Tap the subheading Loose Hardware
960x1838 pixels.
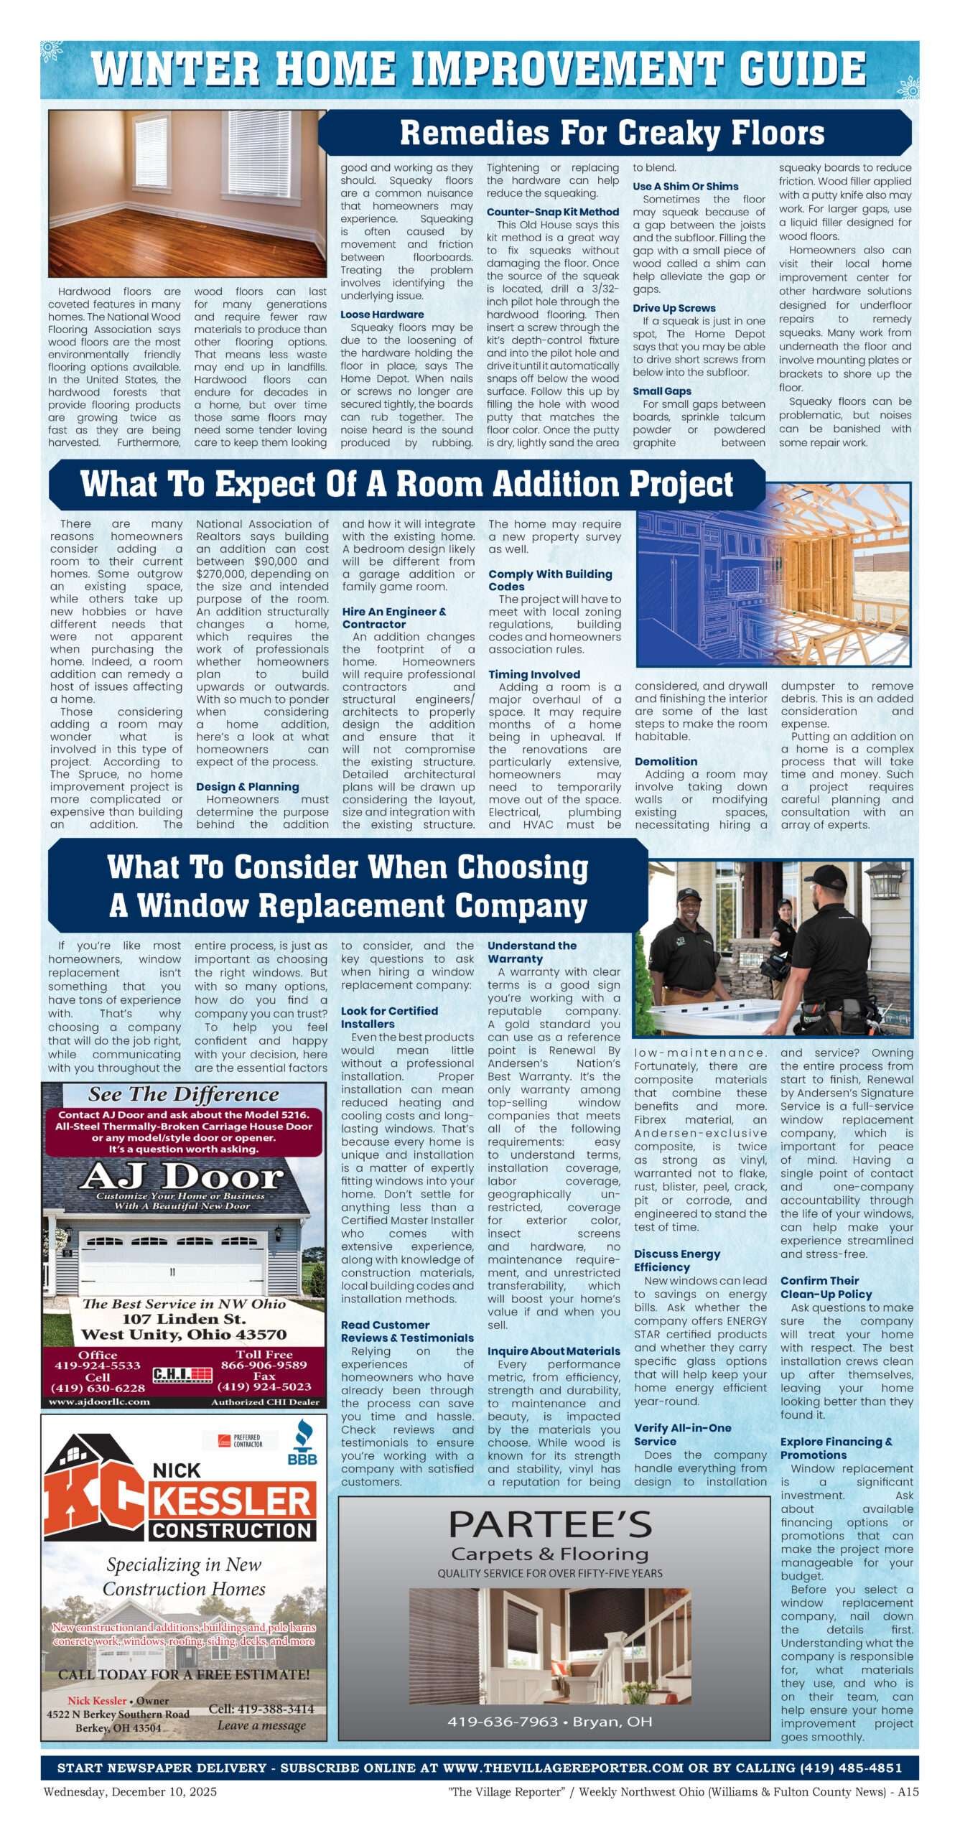tap(381, 314)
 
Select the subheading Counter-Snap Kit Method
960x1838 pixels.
tap(552, 212)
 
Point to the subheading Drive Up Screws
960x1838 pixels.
tap(674, 308)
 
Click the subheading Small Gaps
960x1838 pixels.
tap(661, 391)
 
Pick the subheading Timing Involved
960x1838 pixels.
tap(533, 674)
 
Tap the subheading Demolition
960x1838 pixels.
tap(665, 761)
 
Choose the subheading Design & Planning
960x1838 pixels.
tap(247, 787)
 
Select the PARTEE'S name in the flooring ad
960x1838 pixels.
tap(550, 1524)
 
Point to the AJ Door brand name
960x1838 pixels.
tap(182, 1177)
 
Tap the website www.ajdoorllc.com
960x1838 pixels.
tap(99, 1401)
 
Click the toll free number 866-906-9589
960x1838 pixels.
tap(264, 1365)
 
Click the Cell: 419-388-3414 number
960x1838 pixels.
tap(261, 1708)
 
